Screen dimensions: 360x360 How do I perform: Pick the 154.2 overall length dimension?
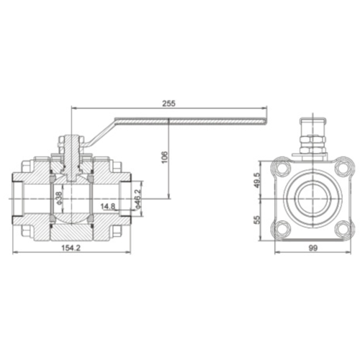point(71,248)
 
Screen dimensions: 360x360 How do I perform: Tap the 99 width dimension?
point(313,248)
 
